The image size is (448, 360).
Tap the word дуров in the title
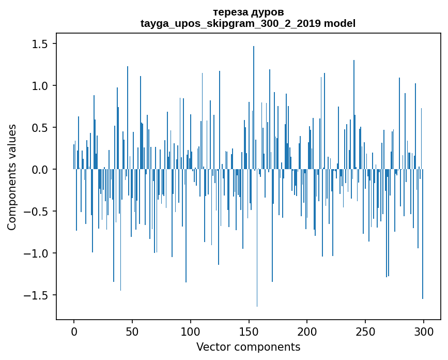click(267, 12)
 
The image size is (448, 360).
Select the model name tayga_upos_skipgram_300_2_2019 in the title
click(231, 23)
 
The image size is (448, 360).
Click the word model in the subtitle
click(339, 23)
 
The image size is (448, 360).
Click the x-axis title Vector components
click(248, 347)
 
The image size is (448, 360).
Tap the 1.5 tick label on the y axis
click(39, 44)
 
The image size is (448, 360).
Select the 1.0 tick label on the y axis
click(39, 86)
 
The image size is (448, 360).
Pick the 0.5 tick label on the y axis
click(39, 128)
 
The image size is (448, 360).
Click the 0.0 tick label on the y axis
click(39, 170)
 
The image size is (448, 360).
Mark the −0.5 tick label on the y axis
click(36, 212)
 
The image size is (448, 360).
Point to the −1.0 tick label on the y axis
click(36, 253)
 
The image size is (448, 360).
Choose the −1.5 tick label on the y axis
click(36, 295)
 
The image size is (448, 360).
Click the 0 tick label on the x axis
click(74, 331)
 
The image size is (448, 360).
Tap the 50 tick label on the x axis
click(132, 331)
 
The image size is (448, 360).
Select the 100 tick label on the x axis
click(191, 331)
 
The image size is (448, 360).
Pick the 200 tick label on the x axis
click(307, 331)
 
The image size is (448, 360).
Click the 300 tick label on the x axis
click(424, 331)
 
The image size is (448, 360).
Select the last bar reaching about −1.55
click(423, 233)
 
